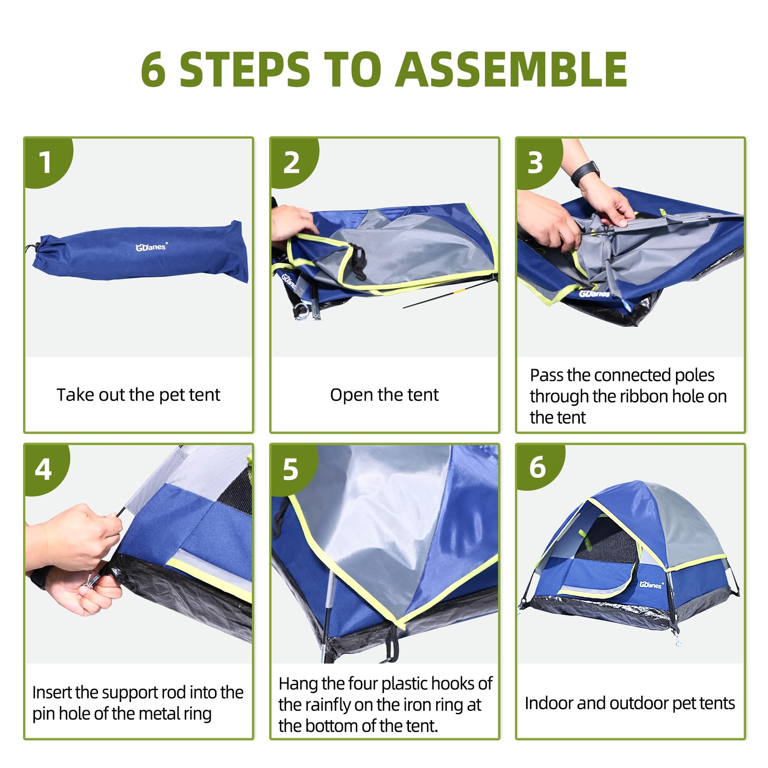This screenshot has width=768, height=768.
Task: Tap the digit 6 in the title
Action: (154, 70)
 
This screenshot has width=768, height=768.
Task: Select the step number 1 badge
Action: (47, 161)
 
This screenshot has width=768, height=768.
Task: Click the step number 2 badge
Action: (293, 161)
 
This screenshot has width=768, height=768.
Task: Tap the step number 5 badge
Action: (292, 468)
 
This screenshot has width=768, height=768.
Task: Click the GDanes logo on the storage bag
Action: (151, 247)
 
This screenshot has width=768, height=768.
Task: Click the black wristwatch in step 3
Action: (586, 173)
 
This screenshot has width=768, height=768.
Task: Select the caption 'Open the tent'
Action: (384, 395)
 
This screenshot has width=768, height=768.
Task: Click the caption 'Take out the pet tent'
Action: (138, 395)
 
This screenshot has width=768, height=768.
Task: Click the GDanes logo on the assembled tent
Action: (651, 585)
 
